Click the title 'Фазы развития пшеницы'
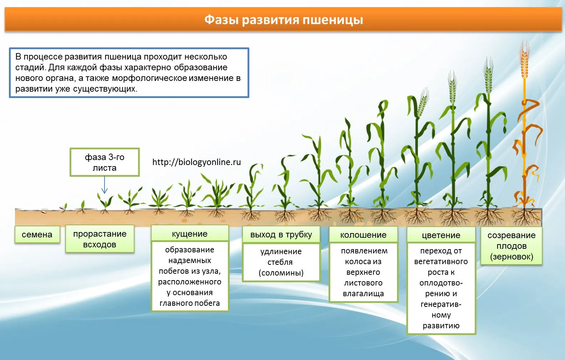point(284,20)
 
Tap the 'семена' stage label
point(37,235)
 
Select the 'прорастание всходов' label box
point(100,239)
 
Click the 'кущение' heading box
point(190,234)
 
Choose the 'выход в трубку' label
point(281,235)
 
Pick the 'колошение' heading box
point(363,235)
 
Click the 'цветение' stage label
point(441,235)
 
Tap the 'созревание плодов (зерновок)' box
point(511,246)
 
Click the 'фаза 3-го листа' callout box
point(105,162)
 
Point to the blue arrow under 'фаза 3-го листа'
point(105,185)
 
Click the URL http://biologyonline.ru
point(197,162)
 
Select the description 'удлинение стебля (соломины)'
point(281,262)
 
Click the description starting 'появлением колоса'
point(363,272)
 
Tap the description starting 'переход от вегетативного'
point(441,288)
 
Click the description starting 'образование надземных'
point(190,276)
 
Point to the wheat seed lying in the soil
point(44,212)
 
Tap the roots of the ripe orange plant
point(524,217)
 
